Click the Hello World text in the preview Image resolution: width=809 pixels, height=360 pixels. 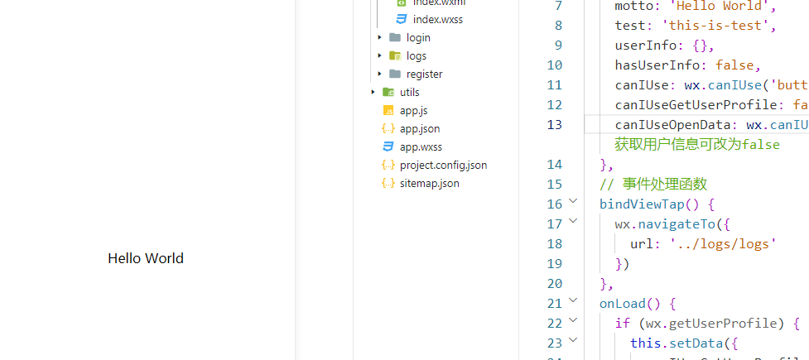click(x=146, y=258)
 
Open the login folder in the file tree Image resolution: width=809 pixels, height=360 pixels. click(x=417, y=37)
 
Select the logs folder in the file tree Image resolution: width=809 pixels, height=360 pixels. click(x=416, y=55)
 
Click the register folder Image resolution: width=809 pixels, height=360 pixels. click(x=423, y=74)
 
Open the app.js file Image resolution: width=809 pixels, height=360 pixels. click(x=413, y=110)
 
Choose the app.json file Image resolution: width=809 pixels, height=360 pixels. click(x=419, y=128)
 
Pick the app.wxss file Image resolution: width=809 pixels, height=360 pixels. click(x=421, y=146)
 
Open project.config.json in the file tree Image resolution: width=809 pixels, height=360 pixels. click(x=443, y=165)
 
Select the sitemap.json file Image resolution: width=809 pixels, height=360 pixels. click(x=429, y=183)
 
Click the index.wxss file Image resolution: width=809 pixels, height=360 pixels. click(x=437, y=19)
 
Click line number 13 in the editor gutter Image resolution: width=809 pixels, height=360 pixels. click(x=553, y=124)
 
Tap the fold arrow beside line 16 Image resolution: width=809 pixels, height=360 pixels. click(x=573, y=203)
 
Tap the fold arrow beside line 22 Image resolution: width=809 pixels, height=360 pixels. click(x=573, y=322)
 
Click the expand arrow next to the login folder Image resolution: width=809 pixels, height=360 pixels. click(x=380, y=37)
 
